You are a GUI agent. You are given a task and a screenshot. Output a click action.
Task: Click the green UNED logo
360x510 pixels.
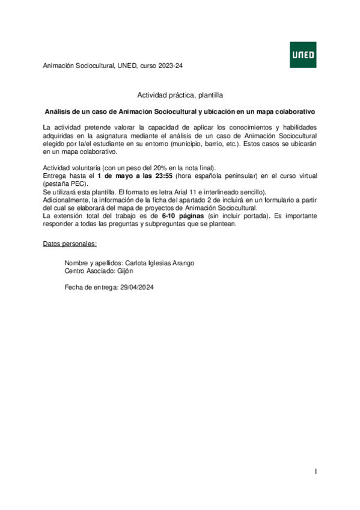pyautogui.click(x=303, y=55)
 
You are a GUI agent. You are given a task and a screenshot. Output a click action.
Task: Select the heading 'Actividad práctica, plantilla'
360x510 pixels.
pyautogui.click(x=180, y=95)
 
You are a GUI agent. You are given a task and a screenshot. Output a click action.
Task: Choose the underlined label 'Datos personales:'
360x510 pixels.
pyautogui.click(x=70, y=244)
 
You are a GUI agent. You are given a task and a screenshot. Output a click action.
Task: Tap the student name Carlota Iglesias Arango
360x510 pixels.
pyautogui.click(x=159, y=263)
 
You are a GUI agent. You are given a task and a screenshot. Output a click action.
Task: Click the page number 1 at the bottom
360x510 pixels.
pyautogui.click(x=315, y=471)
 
